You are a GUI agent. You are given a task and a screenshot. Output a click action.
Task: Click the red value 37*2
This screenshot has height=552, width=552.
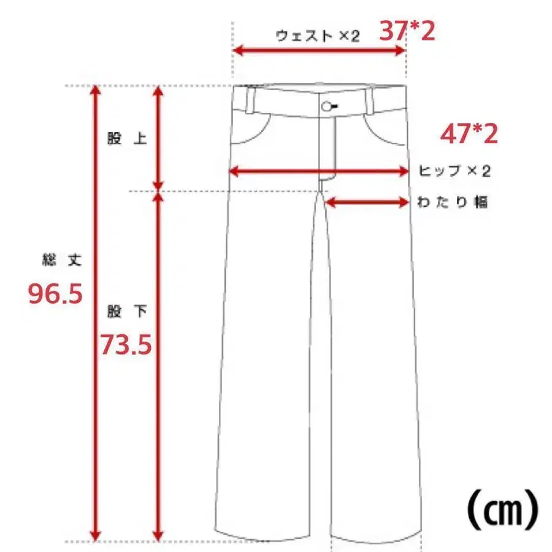pyautogui.click(x=407, y=30)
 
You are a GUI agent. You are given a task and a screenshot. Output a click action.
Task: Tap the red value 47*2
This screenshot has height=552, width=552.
pyautogui.click(x=469, y=134)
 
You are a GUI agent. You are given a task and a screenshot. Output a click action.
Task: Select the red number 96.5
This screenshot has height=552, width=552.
pyautogui.click(x=56, y=294)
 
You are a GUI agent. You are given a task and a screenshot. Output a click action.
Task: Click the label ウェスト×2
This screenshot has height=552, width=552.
pyautogui.click(x=317, y=36)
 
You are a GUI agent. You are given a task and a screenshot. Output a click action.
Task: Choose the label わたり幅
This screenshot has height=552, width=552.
pyautogui.click(x=452, y=202)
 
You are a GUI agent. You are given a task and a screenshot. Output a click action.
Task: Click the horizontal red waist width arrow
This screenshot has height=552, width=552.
pyautogui.click(x=319, y=51)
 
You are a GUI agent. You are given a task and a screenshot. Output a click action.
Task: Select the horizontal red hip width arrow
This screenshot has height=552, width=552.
pyautogui.click(x=318, y=172)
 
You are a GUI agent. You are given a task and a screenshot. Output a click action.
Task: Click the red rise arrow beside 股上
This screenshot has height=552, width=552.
pyautogui.click(x=158, y=138)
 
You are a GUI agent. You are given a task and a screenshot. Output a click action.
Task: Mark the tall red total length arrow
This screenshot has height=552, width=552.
pyautogui.click(x=95, y=313)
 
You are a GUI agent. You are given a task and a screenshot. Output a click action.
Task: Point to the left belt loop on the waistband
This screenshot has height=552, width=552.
pyautogui.click(x=251, y=99)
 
